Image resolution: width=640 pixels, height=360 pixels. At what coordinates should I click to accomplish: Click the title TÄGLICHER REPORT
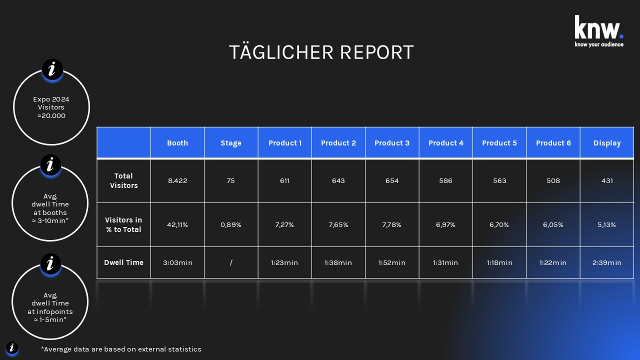pyautogui.click(x=321, y=52)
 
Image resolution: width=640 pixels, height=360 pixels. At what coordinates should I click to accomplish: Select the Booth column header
pyautogui.click(x=177, y=143)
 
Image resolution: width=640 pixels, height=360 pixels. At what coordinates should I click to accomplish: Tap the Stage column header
pyautogui.click(x=231, y=143)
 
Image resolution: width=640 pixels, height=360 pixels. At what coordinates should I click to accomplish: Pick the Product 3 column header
pyautogui.click(x=392, y=143)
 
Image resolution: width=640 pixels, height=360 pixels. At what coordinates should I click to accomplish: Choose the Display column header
pyautogui.click(x=607, y=143)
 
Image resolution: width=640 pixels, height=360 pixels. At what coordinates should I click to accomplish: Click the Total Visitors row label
pyautogui.click(x=123, y=180)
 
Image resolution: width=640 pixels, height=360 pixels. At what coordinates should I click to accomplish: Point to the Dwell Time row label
pyautogui.click(x=123, y=262)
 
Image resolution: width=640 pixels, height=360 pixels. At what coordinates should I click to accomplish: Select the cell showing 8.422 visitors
pyautogui.click(x=177, y=180)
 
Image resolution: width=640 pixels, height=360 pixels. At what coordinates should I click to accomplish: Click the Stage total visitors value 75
pyautogui.click(x=230, y=180)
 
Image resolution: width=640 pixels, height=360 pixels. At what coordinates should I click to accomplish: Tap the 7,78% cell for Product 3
pyautogui.click(x=392, y=224)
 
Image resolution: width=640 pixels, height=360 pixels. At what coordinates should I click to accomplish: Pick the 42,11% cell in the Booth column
pyautogui.click(x=177, y=224)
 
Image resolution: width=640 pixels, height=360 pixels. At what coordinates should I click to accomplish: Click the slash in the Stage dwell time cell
pyautogui.click(x=231, y=262)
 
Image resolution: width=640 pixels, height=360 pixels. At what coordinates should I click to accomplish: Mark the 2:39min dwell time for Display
pyautogui.click(x=607, y=262)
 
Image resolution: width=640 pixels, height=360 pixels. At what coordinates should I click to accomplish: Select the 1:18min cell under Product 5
pyautogui.click(x=499, y=262)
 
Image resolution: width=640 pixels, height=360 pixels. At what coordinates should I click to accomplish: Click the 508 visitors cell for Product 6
pyautogui.click(x=553, y=180)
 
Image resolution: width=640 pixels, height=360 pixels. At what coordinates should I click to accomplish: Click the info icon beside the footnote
pyautogui.click(x=12, y=348)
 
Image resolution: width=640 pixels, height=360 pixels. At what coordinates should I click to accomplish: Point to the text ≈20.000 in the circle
pyautogui.click(x=51, y=115)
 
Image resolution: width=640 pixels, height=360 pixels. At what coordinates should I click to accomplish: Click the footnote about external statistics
pyautogui.click(x=121, y=349)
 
